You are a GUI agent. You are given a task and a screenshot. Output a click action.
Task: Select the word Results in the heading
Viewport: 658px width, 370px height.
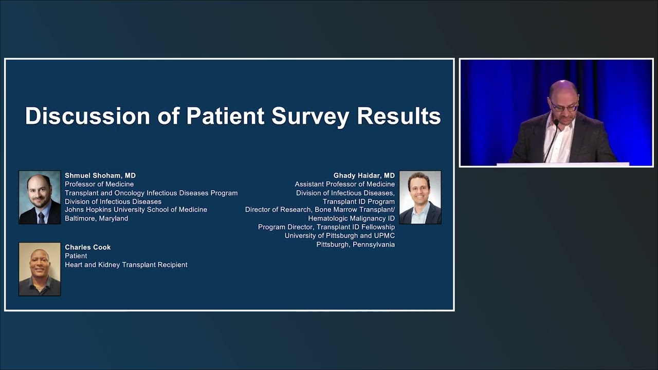point(399,116)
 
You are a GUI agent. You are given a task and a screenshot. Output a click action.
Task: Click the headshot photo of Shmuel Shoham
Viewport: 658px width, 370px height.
point(40,197)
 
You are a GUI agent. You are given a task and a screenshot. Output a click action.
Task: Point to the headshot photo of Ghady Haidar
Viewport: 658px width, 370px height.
point(420,197)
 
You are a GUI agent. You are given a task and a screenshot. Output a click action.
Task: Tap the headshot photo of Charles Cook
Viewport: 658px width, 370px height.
point(40,269)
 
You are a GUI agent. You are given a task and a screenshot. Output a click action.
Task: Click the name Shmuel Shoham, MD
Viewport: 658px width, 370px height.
point(100,176)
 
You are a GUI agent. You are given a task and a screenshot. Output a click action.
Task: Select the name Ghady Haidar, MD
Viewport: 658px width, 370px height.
point(364,176)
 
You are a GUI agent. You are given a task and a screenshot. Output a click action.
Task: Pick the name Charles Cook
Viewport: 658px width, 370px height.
point(88,247)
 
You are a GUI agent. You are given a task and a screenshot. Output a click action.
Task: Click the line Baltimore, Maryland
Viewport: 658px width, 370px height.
point(97,218)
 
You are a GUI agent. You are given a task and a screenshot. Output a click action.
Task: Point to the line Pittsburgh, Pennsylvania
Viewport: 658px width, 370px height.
point(356,245)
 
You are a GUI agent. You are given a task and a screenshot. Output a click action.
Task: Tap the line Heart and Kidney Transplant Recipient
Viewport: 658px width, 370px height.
point(126,265)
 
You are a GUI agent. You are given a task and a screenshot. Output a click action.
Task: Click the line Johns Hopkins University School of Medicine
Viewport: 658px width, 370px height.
point(136,210)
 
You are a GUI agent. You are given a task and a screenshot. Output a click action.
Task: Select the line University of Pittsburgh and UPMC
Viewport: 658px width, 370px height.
point(340,236)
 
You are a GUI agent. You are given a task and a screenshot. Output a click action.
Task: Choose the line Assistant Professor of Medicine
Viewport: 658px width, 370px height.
point(345,184)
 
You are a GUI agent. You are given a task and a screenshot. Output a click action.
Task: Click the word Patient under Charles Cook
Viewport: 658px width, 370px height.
point(76,256)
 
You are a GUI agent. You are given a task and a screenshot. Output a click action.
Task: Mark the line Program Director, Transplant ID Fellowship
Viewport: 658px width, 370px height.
point(326,227)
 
